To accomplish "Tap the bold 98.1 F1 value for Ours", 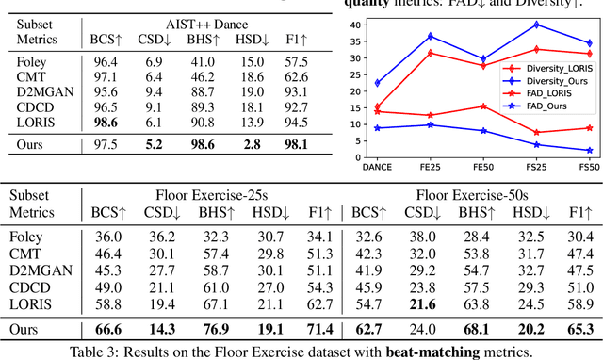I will coord(297,144).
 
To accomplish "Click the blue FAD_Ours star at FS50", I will coord(589,150).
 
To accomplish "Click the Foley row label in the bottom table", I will coord(34,237).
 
